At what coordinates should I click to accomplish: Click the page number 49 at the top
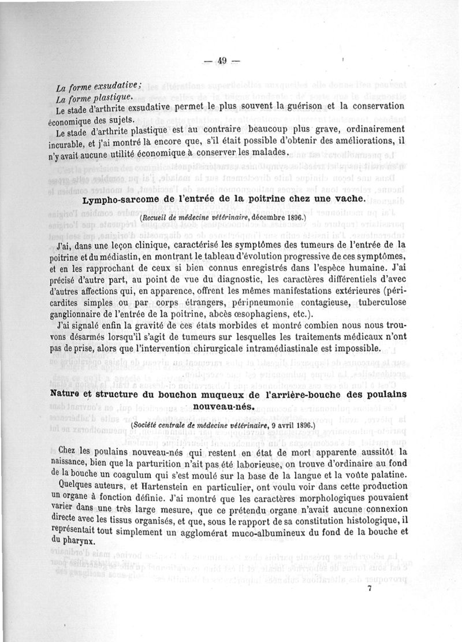point(224,61)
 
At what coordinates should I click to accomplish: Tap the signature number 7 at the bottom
point(368,588)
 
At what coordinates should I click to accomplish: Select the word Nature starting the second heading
point(70,394)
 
